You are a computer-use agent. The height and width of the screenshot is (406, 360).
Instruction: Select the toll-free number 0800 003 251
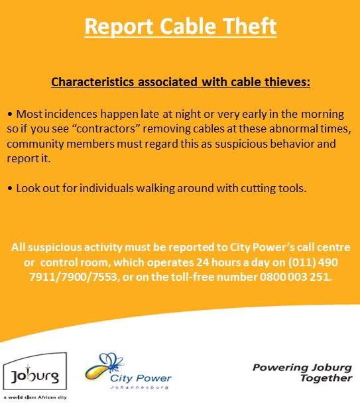292,276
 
